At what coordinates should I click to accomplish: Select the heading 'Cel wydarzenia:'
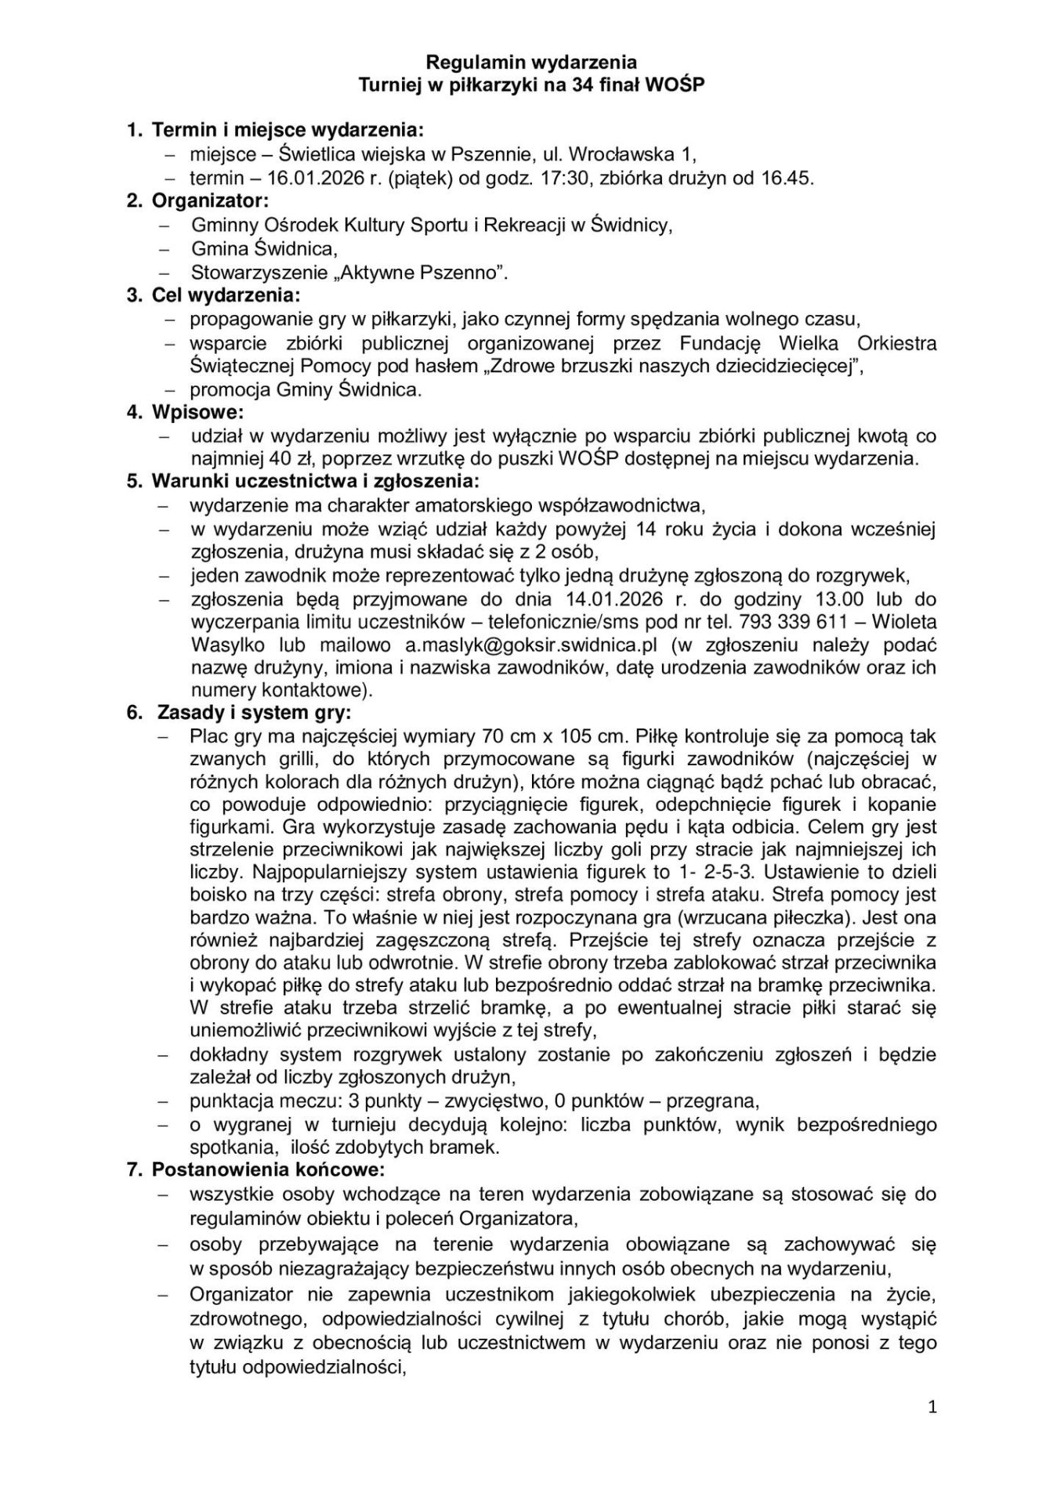tap(225, 295)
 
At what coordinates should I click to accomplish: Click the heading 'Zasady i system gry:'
tap(255, 714)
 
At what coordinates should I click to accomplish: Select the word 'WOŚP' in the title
tap(679, 85)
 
